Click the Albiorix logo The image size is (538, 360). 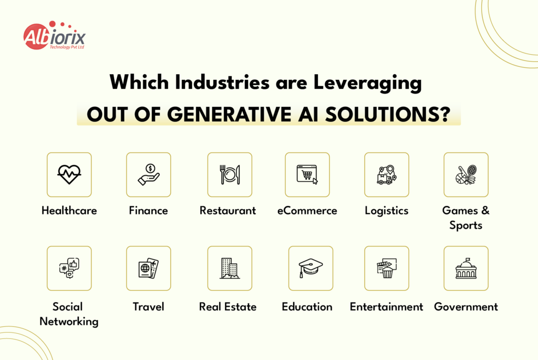[54, 37]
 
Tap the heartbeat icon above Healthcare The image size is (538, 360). [69, 174]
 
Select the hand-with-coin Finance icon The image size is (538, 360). [149, 174]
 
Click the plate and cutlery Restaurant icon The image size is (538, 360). [230, 174]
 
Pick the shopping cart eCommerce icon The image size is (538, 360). [307, 174]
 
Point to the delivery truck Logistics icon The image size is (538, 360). [387, 174]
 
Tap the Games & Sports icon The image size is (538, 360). [466, 174]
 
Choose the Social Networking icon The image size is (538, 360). [69, 268]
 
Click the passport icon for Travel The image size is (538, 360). [149, 268]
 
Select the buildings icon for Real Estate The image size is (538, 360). [230, 268]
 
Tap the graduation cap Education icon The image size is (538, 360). [311, 268]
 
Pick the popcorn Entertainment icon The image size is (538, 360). [387, 268]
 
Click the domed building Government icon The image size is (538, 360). [466, 268]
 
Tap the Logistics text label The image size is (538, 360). [387, 211]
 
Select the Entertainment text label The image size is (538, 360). [387, 307]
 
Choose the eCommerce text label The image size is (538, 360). [307, 211]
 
